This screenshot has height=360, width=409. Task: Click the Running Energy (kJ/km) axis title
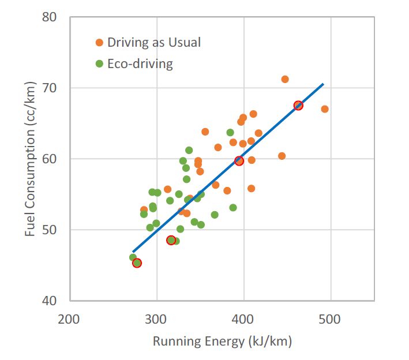pyautogui.click(x=222, y=342)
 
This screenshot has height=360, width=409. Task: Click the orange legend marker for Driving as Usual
pyautogui.click(x=100, y=43)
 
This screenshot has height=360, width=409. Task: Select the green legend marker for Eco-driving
pyautogui.click(x=100, y=63)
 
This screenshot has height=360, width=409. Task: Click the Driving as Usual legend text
pyautogui.click(x=155, y=43)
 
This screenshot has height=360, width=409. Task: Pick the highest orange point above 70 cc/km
pyautogui.click(x=285, y=79)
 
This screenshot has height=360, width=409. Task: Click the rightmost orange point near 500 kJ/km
pyautogui.click(x=325, y=109)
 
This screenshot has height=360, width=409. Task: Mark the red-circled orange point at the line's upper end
pyautogui.click(x=298, y=106)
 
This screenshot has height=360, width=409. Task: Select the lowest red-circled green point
pyautogui.click(x=137, y=263)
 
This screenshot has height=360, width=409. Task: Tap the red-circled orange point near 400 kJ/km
pyautogui.click(x=239, y=161)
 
